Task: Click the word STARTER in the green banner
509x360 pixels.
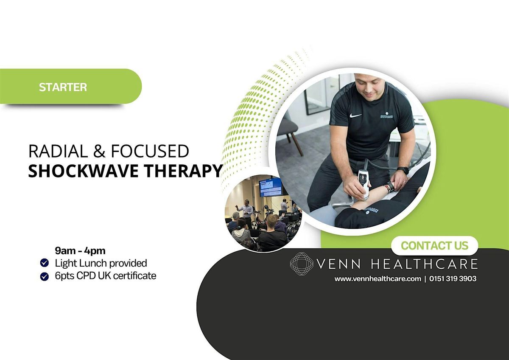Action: click(63, 87)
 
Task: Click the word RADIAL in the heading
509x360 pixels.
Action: click(58, 151)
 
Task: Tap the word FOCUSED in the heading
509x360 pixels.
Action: click(150, 151)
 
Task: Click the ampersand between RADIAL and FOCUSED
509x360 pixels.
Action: click(99, 151)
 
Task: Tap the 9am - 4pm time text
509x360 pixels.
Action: click(80, 251)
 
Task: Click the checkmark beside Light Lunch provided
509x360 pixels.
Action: click(44, 263)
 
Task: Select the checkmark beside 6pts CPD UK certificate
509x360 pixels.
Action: click(44, 276)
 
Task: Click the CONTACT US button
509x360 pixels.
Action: click(435, 246)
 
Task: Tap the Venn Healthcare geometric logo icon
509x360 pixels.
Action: click(301, 264)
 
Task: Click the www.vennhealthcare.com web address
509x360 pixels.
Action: click(378, 279)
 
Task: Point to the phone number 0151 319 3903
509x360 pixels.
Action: click(453, 278)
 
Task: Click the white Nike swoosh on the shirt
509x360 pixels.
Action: click(355, 116)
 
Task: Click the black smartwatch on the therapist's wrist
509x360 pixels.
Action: click(403, 170)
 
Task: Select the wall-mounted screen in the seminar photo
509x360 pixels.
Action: click(271, 187)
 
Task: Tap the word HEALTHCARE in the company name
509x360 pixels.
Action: click(424, 264)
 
